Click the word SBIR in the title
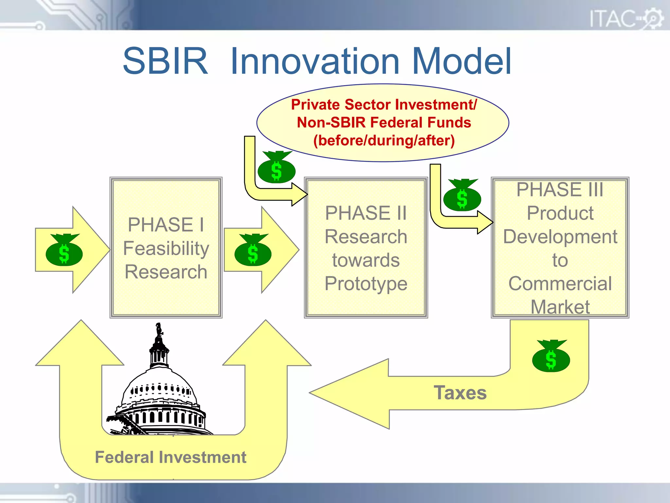click(165, 61)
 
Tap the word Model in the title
click(461, 61)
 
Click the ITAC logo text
click(612, 19)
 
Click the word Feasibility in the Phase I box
click(166, 248)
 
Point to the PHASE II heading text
click(366, 213)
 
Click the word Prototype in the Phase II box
click(366, 284)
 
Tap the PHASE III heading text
click(560, 190)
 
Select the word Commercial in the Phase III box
click(560, 284)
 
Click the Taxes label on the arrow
click(460, 393)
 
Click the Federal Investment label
click(170, 457)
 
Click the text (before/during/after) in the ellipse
click(384, 140)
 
